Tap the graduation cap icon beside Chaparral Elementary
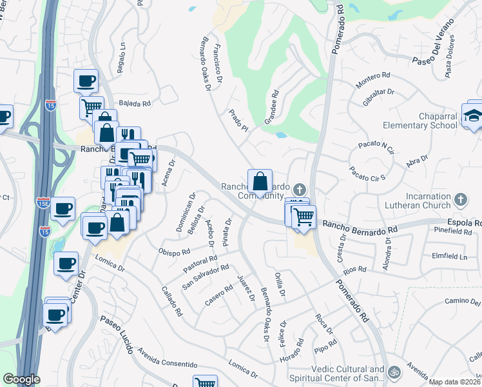click(472, 116)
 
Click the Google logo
click(21, 379)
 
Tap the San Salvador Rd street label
click(206, 276)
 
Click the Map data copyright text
click(455, 382)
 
